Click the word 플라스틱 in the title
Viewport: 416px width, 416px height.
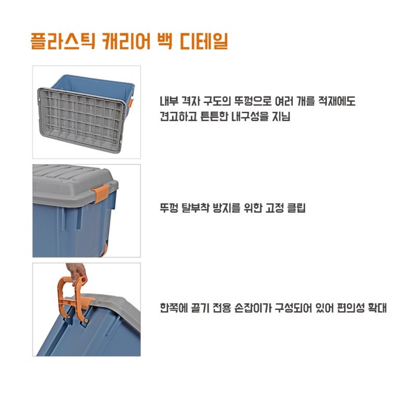63,42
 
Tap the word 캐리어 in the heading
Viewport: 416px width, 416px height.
126,42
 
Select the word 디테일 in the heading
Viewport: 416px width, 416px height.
204,42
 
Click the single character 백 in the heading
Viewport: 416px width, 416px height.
165,42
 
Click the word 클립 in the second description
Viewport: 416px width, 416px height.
296,207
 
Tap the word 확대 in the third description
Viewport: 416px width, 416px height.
378,308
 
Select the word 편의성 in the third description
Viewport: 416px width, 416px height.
350,308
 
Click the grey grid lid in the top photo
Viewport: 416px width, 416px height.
81,120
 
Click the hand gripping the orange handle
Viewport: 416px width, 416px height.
76,274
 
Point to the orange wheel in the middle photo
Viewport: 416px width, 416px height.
105,249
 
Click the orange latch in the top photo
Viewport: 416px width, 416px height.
131,102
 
